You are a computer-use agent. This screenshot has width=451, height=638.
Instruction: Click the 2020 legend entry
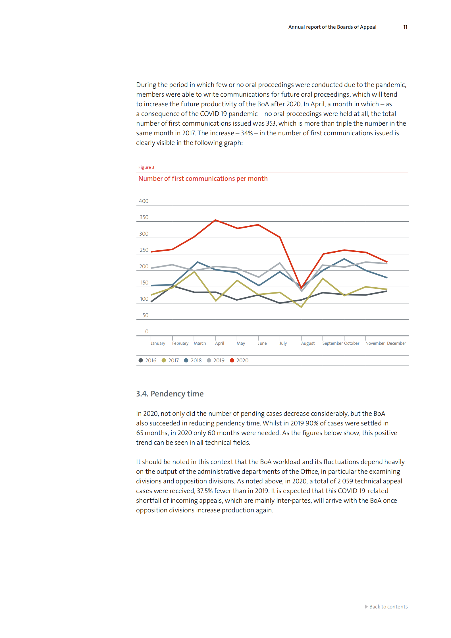pyautogui.click(x=239, y=360)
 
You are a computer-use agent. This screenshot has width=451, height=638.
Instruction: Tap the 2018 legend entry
pyautogui.click(x=193, y=360)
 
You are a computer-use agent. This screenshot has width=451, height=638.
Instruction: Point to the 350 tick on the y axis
pyautogui.click(x=144, y=217)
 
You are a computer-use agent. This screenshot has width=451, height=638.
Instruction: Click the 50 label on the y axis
pyautogui.click(x=146, y=315)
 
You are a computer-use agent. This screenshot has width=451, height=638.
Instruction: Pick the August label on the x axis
pyautogui.click(x=308, y=343)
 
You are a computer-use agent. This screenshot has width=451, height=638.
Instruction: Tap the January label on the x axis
pyautogui.click(x=158, y=343)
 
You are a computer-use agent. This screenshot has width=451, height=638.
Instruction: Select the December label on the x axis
pyautogui.click(x=396, y=343)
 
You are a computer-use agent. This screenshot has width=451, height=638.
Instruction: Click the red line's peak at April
pyautogui.click(x=215, y=220)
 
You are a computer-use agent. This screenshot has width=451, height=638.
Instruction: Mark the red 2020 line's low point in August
pyautogui.click(x=301, y=288)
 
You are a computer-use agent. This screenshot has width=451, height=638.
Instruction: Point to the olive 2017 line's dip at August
pyautogui.click(x=301, y=307)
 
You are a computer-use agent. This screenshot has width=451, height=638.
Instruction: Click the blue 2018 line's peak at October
pyautogui.click(x=344, y=259)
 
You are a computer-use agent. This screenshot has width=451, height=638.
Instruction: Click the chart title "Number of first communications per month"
pyautogui.click(x=203, y=178)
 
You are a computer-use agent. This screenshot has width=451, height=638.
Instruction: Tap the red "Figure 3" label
pyautogui.click(x=146, y=167)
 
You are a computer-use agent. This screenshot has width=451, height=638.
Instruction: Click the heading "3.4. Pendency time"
pyautogui.click(x=170, y=394)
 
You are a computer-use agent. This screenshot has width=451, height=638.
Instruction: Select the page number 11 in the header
pyautogui.click(x=406, y=27)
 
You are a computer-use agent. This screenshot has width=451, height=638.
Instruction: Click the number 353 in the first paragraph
pyautogui.click(x=271, y=123)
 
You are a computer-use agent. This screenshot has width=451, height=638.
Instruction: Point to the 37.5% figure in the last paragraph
pyautogui.click(x=205, y=491)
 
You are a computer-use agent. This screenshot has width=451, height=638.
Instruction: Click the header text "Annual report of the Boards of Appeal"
pyautogui.click(x=332, y=27)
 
